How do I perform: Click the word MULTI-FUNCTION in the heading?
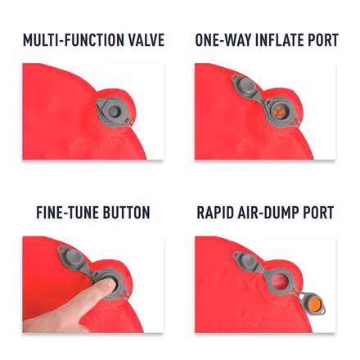(70, 40)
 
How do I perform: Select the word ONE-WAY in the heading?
(223, 40)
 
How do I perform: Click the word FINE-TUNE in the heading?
(67, 213)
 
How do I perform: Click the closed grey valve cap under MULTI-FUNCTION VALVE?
(113, 111)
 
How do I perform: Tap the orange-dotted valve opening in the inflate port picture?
(279, 111)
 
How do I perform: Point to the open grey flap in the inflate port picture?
(245, 87)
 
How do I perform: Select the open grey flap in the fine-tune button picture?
(72, 258)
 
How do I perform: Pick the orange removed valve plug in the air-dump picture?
(315, 304)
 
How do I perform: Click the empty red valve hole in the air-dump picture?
(280, 281)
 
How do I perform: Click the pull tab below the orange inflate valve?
(297, 121)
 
